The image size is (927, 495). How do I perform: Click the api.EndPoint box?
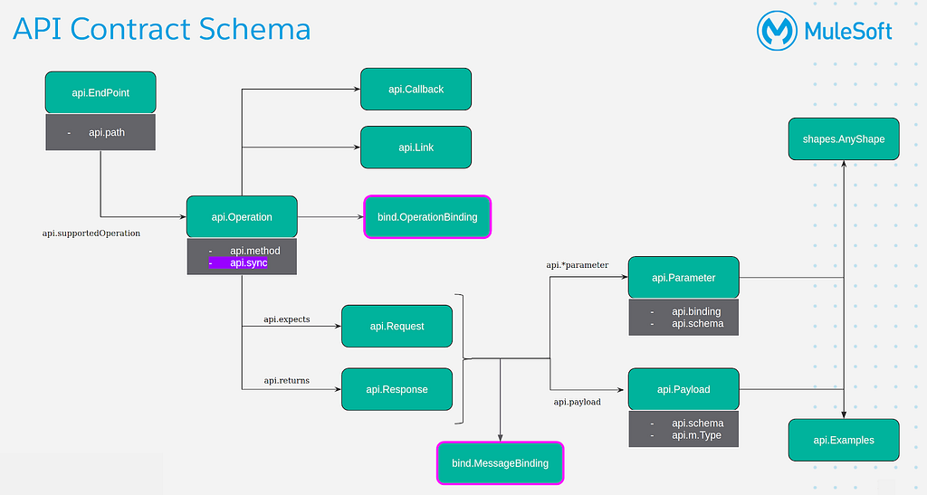coord(100,92)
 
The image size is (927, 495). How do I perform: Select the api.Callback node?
coord(416,90)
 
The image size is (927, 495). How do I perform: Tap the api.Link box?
coord(416,148)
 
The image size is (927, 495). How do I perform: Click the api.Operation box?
coord(242,217)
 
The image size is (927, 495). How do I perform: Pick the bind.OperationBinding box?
coord(427,217)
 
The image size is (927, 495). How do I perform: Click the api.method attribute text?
coord(254,251)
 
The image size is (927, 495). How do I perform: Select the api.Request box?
coord(397,326)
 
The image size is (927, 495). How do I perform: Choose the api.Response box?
coord(397,389)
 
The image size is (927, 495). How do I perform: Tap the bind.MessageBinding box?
coord(500,463)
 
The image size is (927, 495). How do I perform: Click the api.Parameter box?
coord(683,277)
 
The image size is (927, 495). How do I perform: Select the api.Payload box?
coord(683,389)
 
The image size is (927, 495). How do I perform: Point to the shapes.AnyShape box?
coord(844,138)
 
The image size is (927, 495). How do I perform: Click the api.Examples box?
coord(844,440)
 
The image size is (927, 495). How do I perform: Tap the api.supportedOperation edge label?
coord(91,233)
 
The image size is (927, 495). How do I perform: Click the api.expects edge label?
coord(287,319)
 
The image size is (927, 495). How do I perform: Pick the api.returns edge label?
coord(287,380)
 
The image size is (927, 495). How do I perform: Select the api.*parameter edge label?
coord(577,265)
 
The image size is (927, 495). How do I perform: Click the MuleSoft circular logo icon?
coord(777,31)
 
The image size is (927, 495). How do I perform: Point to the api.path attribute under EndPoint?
coord(107,132)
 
